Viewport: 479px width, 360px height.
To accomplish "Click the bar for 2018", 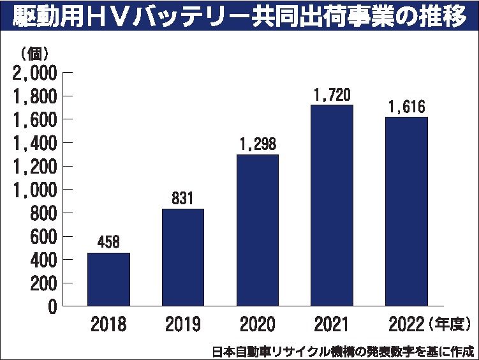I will [108, 280].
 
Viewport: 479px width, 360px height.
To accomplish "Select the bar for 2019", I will [183, 257].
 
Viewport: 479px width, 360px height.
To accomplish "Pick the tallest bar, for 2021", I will [332, 205].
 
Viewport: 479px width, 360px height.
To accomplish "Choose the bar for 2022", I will [406, 211].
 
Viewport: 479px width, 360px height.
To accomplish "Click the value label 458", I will [108, 243].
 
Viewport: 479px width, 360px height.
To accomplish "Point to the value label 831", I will [183, 199].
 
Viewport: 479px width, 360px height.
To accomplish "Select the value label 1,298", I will [258, 144].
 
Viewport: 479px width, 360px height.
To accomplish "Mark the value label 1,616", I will [406, 107].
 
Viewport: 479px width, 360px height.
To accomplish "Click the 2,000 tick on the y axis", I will [34, 73].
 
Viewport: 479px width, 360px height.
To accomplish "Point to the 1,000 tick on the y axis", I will [34, 190].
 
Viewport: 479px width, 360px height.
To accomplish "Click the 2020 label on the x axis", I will [258, 325].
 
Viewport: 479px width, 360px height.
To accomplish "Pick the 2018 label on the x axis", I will [108, 325].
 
